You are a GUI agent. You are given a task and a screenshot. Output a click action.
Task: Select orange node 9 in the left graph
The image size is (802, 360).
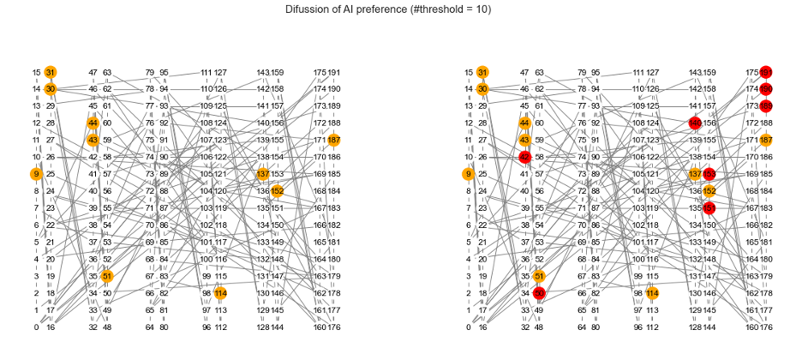[36, 174]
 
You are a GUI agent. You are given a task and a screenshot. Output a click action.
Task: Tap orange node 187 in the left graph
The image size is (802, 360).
[334, 140]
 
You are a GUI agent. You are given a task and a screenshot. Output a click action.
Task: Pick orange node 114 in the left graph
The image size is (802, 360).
[220, 293]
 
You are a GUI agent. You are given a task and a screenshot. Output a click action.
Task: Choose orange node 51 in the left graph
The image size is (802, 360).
[107, 276]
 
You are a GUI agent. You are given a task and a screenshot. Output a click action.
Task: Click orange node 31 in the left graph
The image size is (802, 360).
[51, 73]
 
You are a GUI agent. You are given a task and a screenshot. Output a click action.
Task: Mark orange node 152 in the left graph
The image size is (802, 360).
[278, 190]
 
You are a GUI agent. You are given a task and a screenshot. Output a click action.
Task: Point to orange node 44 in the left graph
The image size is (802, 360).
[93, 123]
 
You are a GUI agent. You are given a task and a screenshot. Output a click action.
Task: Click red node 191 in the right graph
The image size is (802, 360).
[766, 73]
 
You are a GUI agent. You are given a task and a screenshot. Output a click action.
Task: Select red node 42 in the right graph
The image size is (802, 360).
[524, 157]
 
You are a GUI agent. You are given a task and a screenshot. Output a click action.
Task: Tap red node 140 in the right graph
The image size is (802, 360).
[695, 123]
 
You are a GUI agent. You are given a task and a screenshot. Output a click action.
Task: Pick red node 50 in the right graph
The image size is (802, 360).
[539, 293]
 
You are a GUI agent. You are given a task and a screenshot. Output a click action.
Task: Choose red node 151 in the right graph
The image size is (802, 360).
[709, 207]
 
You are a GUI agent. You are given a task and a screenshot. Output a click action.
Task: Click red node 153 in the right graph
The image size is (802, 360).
[709, 174]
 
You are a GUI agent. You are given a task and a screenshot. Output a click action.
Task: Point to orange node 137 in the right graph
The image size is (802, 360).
[695, 174]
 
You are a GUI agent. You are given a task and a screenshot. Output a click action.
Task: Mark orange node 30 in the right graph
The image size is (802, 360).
[482, 89]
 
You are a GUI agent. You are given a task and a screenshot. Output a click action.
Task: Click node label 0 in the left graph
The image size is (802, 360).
[36, 327]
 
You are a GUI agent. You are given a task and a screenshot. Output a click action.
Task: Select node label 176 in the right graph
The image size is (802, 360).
[766, 327]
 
